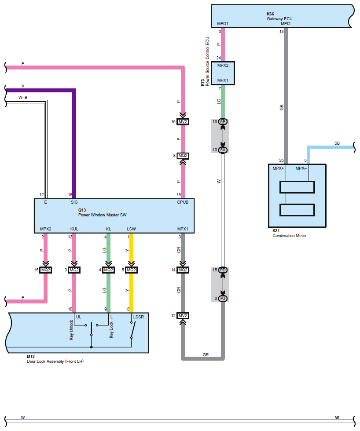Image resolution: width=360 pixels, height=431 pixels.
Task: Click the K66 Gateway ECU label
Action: coord(279,16)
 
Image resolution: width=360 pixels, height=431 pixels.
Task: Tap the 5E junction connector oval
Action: coord(223,121)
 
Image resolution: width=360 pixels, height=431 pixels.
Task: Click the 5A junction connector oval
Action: coord(223,150)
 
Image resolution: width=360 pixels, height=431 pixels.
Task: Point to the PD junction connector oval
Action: coord(223,270)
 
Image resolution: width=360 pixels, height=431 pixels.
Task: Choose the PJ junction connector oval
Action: coord(223,298)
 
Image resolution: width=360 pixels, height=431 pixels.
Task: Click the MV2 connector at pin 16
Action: coord(183,121)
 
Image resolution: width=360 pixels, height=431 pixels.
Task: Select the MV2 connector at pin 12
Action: coord(183,316)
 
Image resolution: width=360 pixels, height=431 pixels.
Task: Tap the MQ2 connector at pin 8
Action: coord(183,156)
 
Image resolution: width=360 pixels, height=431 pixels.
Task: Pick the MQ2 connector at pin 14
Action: coord(183,270)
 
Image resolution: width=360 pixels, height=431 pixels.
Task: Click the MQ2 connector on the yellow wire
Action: coord(131,270)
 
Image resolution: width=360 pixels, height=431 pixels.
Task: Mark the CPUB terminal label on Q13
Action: coord(183,202)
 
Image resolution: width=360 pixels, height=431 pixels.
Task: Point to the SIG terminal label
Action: coord(74,202)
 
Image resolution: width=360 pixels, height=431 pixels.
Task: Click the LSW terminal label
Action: coord(131,229)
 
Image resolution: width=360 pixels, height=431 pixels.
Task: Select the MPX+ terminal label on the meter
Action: coord(278,168)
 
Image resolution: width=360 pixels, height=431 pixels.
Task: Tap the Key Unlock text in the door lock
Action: coord(71,329)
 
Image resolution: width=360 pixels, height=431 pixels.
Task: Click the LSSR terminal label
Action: coord(138,317)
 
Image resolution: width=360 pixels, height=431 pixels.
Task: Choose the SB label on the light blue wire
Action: coord(337,143)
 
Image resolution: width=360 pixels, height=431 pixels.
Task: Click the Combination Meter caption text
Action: coord(289,236)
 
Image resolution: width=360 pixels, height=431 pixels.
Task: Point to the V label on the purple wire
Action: coord(23,86)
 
